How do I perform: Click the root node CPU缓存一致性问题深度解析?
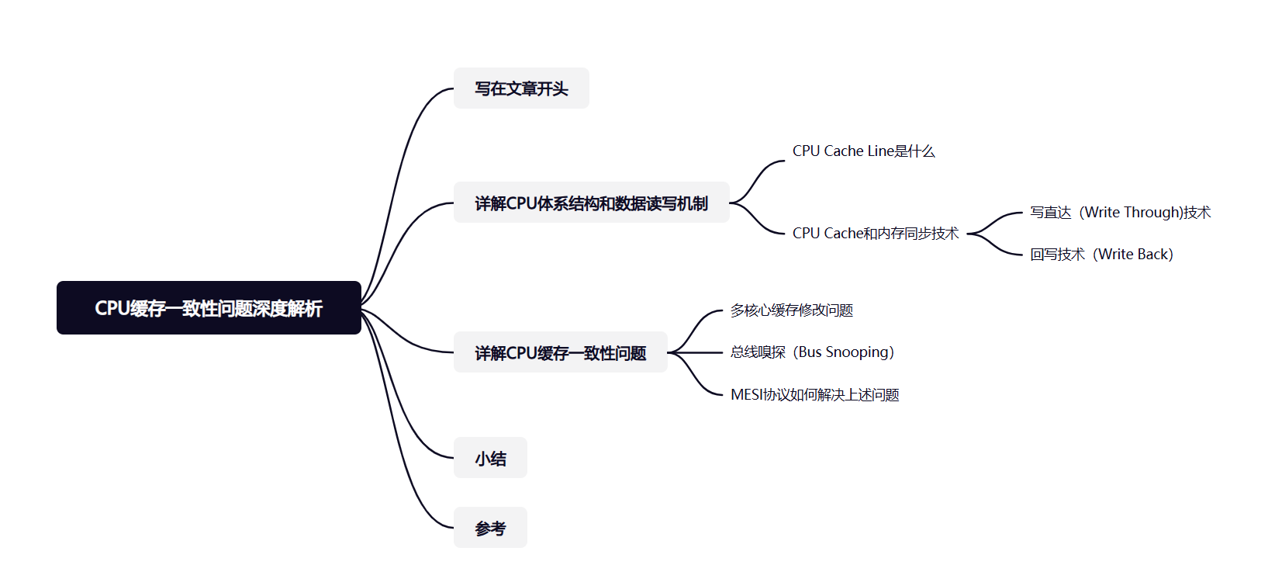pyautogui.click(x=209, y=308)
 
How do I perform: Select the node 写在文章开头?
pyautogui.click(x=521, y=88)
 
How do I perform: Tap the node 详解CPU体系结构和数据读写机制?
pyautogui.click(x=591, y=203)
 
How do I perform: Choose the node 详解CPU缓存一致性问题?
pyautogui.click(x=560, y=352)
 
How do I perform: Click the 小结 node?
pyautogui.click(x=490, y=458)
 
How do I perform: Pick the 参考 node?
pyautogui.click(x=490, y=528)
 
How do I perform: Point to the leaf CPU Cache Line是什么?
pyautogui.click(x=863, y=151)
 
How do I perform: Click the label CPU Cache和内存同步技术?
pyautogui.click(x=875, y=233)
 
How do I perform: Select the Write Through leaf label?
pyautogui.click(x=1120, y=213)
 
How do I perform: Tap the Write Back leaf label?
pyautogui.click(x=1101, y=255)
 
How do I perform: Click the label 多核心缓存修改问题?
pyautogui.click(x=791, y=310)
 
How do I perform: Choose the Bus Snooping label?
pyautogui.click(x=812, y=352)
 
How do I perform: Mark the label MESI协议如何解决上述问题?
pyautogui.click(x=814, y=395)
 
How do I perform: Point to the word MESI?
pyautogui.click(x=747, y=395)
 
